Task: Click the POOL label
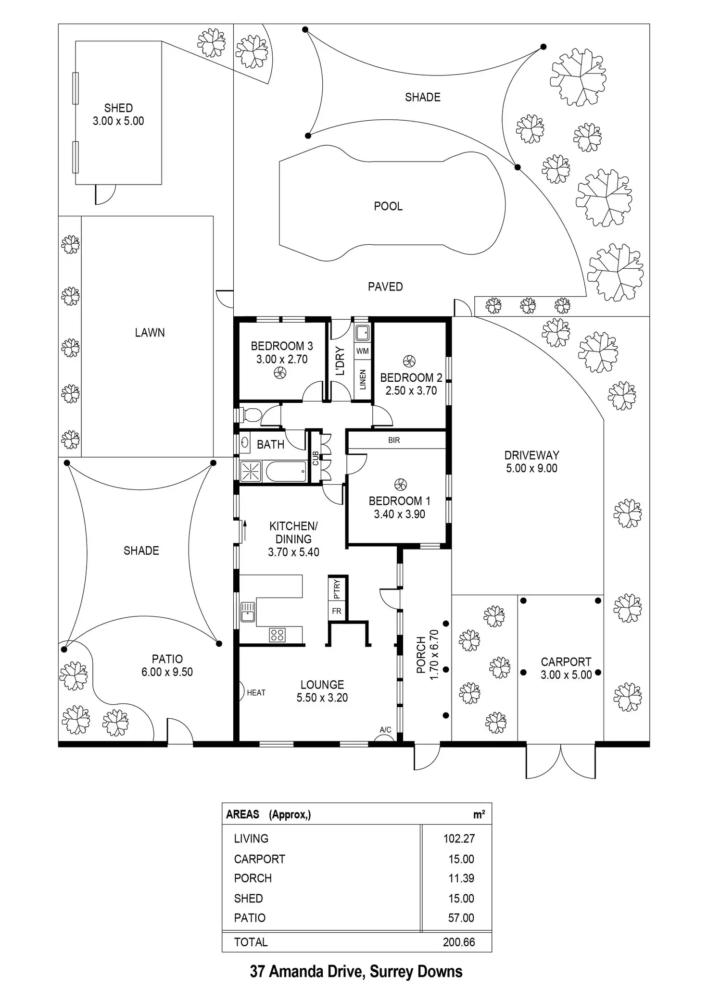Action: [x=388, y=206]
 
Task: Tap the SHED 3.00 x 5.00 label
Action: [x=118, y=114]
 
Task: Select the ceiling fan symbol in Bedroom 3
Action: [x=279, y=372]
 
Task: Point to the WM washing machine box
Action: [x=363, y=351]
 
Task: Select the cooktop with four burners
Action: [x=277, y=635]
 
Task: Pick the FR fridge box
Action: [x=337, y=611]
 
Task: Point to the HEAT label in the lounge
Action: [x=256, y=693]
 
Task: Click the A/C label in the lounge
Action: [x=385, y=730]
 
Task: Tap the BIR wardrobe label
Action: [x=394, y=440]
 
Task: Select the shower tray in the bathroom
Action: [x=251, y=471]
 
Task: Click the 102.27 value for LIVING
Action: [x=459, y=839]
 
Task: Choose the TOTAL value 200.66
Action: [x=459, y=942]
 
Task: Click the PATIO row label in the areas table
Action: [x=250, y=918]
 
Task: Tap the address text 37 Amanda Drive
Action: [x=356, y=971]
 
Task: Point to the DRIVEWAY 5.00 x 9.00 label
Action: [x=531, y=462]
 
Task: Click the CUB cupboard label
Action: [x=316, y=459]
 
